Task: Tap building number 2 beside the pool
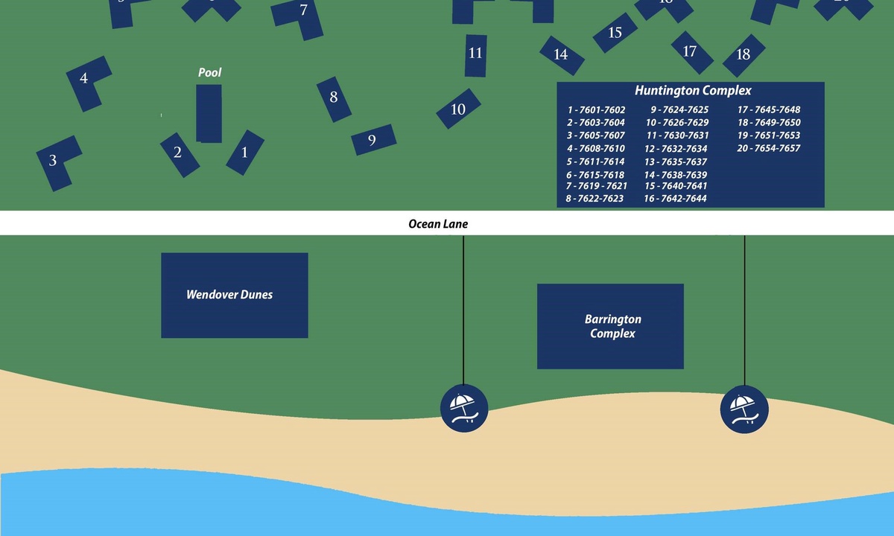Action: tap(178, 153)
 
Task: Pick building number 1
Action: tap(244, 153)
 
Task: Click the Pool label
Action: tap(209, 73)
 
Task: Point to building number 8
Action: tap(334, 98)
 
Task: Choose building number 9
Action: tap(372, 140)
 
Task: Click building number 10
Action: tap(458, 109)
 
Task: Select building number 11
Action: tap(475, 54)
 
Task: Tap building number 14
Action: tap(561, 54)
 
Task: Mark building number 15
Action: tap(615, 33)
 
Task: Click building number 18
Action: tap(743, 54)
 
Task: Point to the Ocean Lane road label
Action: tap(438, 223)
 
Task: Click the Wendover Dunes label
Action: tap(229, 295)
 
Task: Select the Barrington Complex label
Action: tap(612, 326)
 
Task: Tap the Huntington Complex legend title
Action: tap(693, 91)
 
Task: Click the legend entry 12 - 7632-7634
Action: tap(676, 149)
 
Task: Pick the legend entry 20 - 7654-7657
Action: tap(768, 149)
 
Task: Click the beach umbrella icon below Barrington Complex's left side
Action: tap(464, 409)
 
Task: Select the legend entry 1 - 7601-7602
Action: tap(596, 110)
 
